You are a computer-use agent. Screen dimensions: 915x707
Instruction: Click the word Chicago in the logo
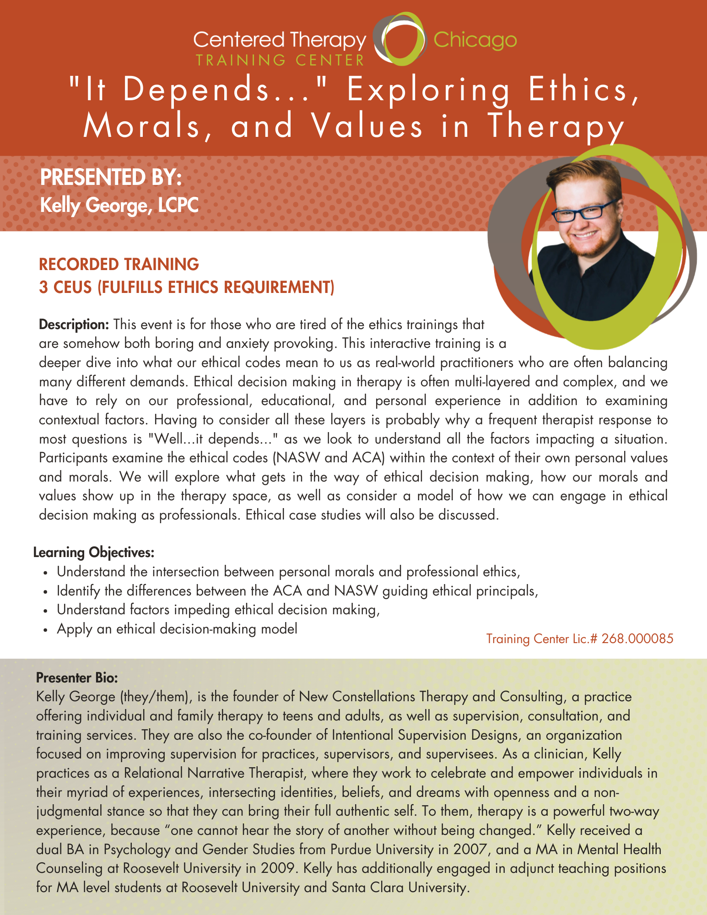coord(475,40)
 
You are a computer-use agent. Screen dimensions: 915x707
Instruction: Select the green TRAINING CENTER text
coord(280,60)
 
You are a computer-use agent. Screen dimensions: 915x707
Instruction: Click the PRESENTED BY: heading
coord(111,178)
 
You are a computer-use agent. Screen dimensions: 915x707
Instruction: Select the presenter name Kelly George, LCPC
coord(119,205)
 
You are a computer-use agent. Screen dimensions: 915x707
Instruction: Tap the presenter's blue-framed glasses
coord(584,211)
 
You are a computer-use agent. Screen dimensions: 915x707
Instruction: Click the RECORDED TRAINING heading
coord(119,264)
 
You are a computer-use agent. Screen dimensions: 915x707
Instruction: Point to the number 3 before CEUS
coord(43,287)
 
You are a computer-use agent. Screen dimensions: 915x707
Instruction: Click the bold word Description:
coord(74,325)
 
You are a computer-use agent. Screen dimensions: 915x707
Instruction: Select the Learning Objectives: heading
coord(94,552)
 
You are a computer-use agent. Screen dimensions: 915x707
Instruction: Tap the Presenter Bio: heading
coord(77,677)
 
